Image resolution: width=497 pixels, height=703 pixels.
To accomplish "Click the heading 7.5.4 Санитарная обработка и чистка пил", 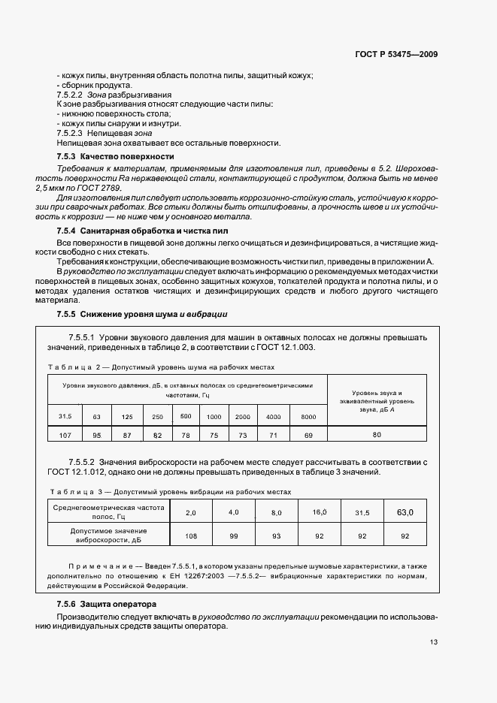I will click(x=142, y=231).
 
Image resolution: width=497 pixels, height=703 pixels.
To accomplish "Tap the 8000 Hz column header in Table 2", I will click(x=308, y=416).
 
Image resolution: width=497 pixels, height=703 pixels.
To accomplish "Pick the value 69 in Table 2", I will click(x=308, y=435).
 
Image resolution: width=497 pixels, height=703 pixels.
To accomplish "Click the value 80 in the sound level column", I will click(x=377, y=435).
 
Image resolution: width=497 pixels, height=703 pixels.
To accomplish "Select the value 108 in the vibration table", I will click(x=190, y=536).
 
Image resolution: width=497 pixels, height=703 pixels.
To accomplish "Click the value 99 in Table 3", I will click(x=233, y=536).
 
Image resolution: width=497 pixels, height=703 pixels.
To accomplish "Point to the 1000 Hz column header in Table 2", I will click(x=214, y=416).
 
